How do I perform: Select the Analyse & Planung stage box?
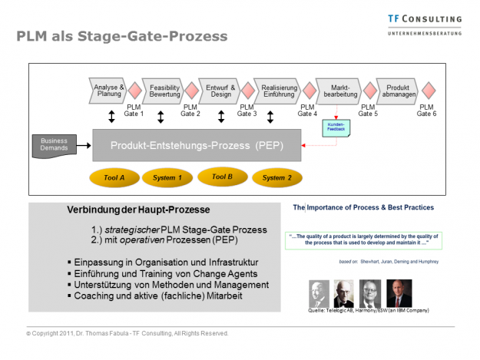pyautogui.click(x=108, y=91)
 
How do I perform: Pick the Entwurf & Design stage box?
pyautogui.click(x=220, y=91)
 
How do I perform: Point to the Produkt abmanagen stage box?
pyautogui.click(x=396, y=91)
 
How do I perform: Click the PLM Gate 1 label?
pyautogui.click(x=134, y=111)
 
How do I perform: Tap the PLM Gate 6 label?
pyautogui.click(x=426, y=111)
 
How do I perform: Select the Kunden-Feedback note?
pyautogui.click(x=336, y=127)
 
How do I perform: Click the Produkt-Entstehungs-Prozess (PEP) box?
pyautogui.click(x=195, y=145)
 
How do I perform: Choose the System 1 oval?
pyautogui.click(x=167, y=178)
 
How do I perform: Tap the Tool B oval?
pyautogui.click(x=221, y=177)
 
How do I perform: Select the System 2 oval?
pyautogui.click(x=276, y=178)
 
